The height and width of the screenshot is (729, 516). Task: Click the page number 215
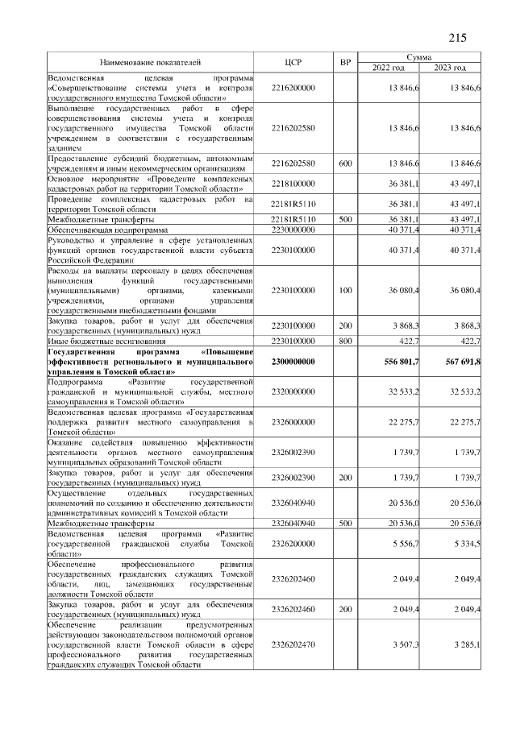tap(457, 38)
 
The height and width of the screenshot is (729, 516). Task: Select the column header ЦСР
tap(293, 62)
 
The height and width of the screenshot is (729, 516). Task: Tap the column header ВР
tap(345, 62)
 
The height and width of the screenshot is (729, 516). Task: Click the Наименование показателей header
tap(151, 62)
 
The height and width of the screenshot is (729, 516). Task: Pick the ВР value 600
tap(345, 164)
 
